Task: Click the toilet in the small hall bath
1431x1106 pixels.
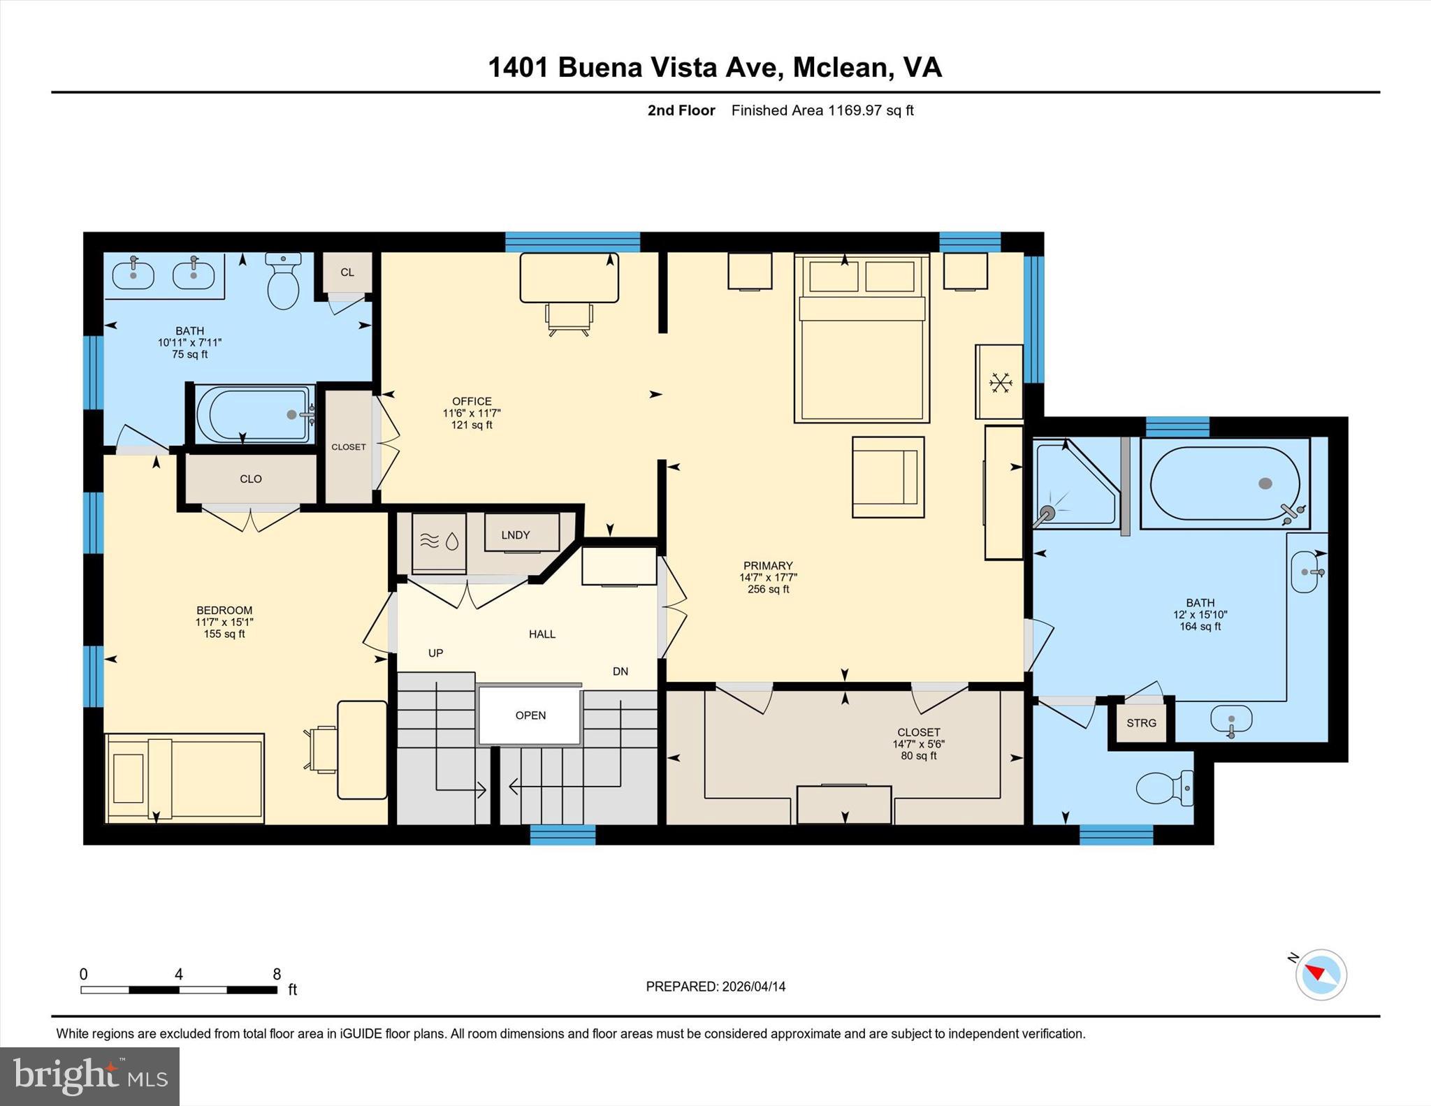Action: coord(283,282)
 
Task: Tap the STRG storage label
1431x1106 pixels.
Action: coord(1141,723)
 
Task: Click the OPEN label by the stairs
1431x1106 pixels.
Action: coord(530,715)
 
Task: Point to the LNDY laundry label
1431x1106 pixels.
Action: coord(516,535)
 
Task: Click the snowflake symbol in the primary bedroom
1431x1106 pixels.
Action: coord(1001,383)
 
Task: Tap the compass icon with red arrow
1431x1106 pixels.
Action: coord(1321,974)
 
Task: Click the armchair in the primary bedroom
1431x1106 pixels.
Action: coord(887,477)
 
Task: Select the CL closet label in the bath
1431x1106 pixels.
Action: coord(347,272)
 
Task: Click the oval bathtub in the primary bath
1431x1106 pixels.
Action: coord(1224,483)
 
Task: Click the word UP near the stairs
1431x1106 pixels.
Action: coord(435,653)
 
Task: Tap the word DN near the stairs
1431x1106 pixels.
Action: coord(620,671)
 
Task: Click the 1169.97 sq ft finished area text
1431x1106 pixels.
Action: coord(870,110)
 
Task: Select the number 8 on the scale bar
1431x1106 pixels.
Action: coord(277,974)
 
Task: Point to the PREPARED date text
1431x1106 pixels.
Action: coord(715,987)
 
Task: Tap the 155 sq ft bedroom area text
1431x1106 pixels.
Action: coord(224,634)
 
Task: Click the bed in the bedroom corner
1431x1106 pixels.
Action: coord(185,778)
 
